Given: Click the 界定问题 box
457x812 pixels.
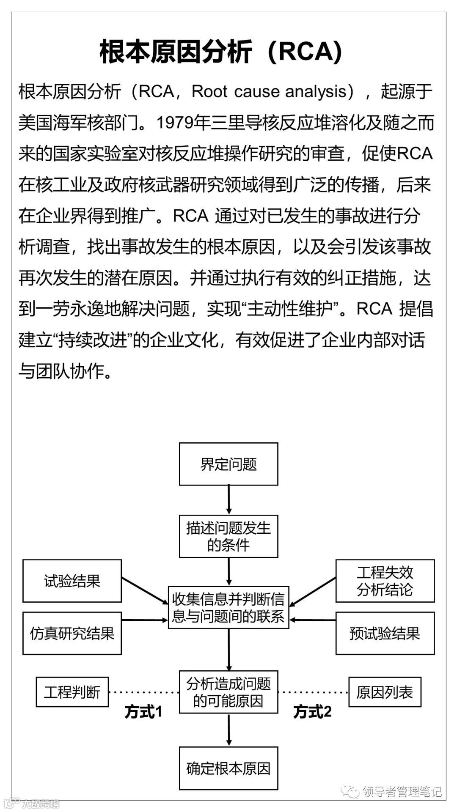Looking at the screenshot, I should tap(228, 464).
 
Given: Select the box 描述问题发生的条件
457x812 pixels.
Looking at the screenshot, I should tap(228, 536).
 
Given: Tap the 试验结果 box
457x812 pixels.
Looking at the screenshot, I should tap(72, 581).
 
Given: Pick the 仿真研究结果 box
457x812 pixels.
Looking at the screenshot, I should tap(72, 633).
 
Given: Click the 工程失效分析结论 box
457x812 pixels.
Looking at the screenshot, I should tap(385, 581).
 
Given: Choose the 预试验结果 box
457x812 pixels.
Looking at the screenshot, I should tap(385, 633).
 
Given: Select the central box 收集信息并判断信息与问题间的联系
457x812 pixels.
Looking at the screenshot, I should tap(228, 607).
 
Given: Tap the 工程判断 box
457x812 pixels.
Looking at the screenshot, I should tap(72, 692).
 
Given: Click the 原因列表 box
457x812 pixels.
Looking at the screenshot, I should tap(385, 692).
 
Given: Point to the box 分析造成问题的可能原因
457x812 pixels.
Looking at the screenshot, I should tap(228, 692).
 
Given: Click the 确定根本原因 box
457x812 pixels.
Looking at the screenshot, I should tap(228, 768).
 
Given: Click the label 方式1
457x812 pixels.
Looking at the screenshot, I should tap(143, 712).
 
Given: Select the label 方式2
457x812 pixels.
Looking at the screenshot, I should tap(312, 712).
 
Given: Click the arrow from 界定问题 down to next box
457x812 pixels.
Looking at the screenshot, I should tap(229, 499).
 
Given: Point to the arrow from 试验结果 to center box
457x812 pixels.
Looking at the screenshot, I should tap(145, 591).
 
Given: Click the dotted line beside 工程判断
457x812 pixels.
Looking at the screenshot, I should tap(144, 692).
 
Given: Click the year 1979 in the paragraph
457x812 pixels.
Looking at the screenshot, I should tap(175, 123).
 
